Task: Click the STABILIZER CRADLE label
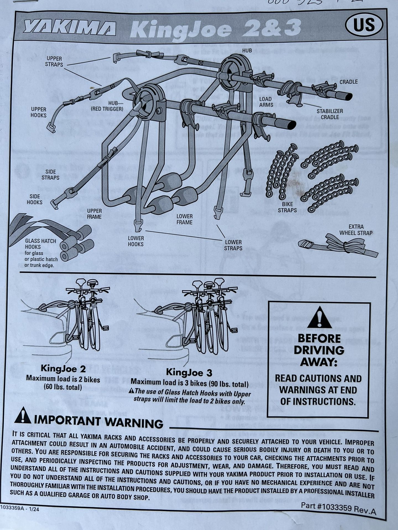[x=329, y=114]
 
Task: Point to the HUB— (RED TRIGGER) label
[x=107, y=106]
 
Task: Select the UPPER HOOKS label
[x=38, y=112]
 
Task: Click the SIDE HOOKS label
[x=35, y=199]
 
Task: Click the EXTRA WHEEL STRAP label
[x=356, y=230]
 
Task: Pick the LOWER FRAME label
[x=184, y=219]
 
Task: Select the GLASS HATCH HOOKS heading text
[x=40, y=244]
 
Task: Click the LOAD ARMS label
[x=266, y=102]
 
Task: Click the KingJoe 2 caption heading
[x=63, y=369]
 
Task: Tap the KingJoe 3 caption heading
[x=189, y=372]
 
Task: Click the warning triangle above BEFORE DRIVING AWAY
[x=319, y=317]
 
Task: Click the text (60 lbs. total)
[x=63, y=387]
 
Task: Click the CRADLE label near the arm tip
[x=349, y=82]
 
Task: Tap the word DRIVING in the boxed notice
[x=319, y=350]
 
